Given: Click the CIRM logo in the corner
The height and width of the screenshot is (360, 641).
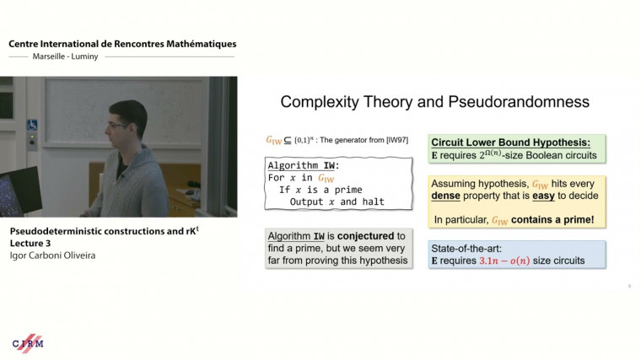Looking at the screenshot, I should pos(28,343).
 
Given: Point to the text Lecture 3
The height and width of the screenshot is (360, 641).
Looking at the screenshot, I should pos(33,242).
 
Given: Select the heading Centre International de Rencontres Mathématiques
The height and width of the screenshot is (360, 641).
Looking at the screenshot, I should pos(122,44).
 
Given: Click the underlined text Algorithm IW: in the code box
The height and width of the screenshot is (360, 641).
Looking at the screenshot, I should pos(305,164).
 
